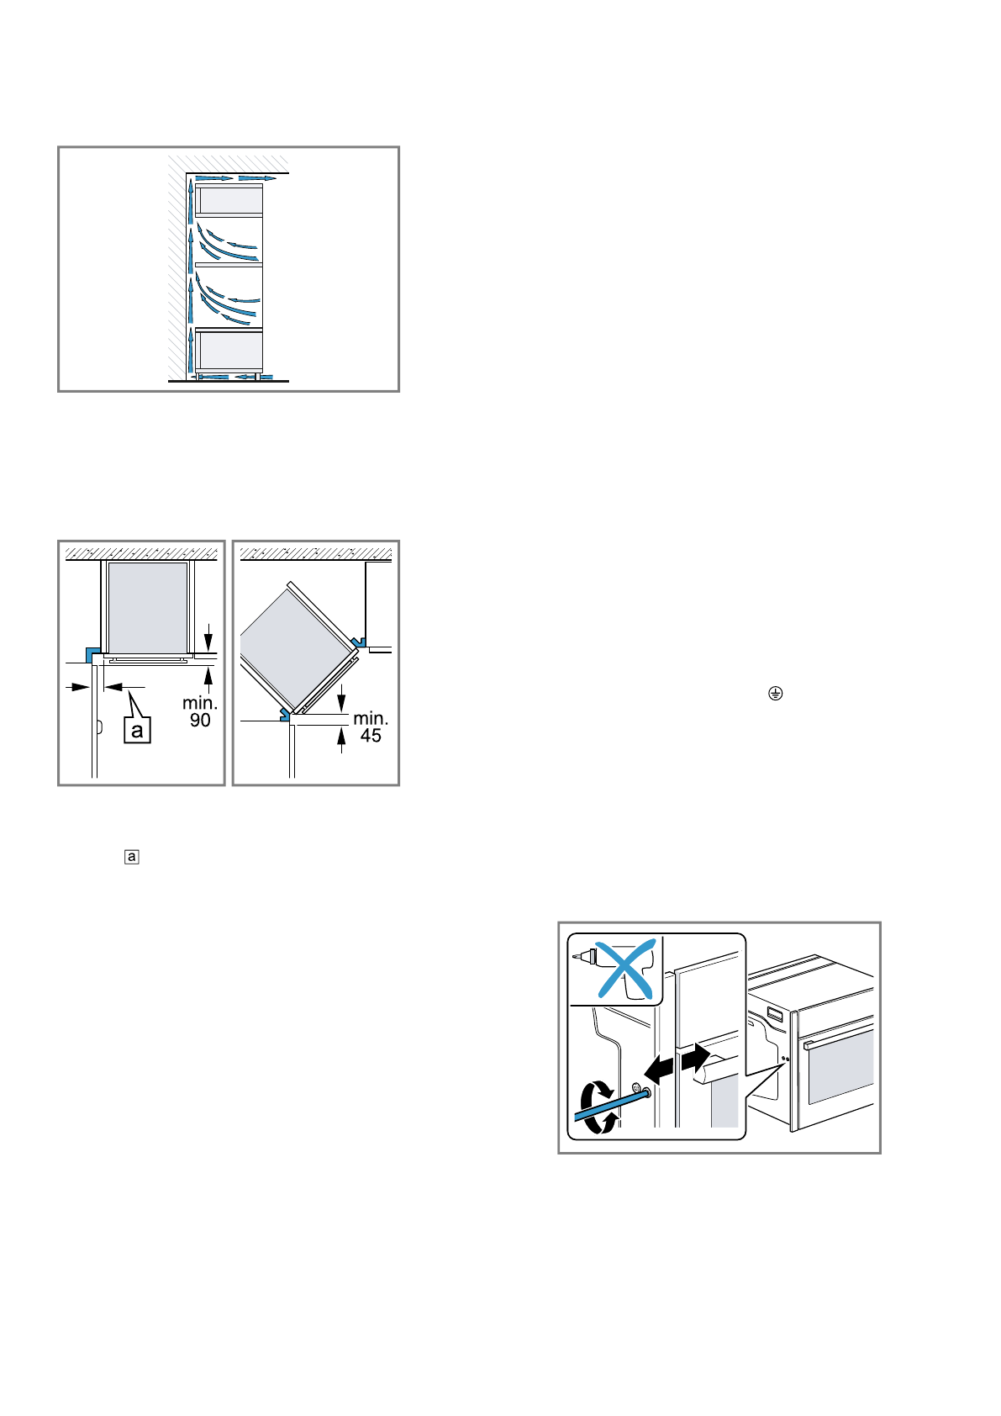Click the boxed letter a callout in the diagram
point(137,730)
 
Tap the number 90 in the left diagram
point(200,721)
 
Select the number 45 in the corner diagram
point(371,737)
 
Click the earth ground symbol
point(775,694)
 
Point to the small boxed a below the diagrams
point(131,857)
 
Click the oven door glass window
point(840,1067)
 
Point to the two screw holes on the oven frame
point(785,1059)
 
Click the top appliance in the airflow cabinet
point(229,200)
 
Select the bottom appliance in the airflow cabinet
point(229,350)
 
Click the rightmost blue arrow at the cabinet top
point(256,178)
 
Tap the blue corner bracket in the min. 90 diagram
point(92,654)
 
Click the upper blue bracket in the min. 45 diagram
point(360,642)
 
